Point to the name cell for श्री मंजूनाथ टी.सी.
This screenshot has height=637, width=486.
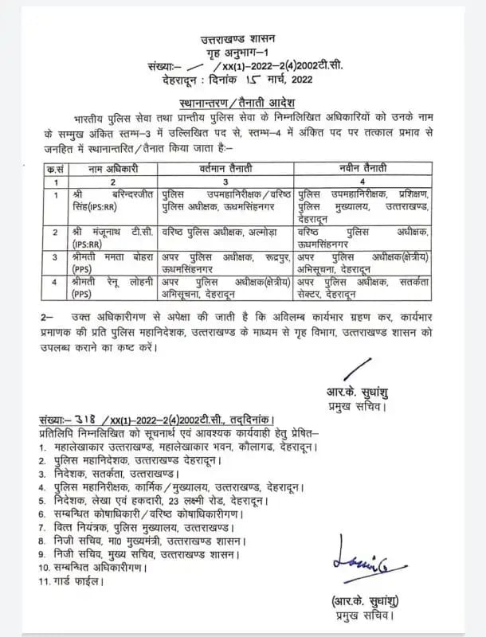pos(101,236)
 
